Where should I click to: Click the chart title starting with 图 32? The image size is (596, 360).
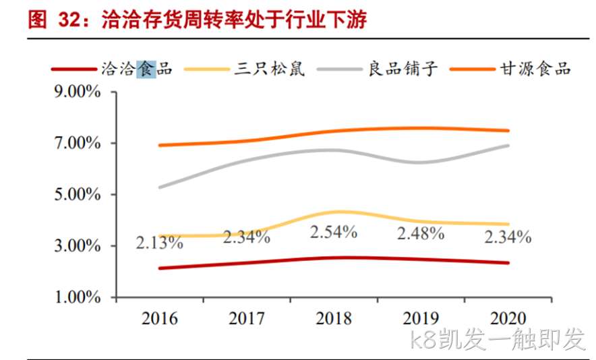pyautogui.click(x=198, y=20)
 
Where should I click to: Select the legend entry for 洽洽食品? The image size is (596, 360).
pyautogui.click(x=112, y=69)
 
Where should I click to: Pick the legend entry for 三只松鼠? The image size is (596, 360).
pyautogui.click(x=245, y=69)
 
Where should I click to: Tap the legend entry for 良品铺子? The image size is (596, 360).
pyautogui.click(x=377, y=69)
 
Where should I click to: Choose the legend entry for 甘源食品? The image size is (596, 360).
pyautogui.click(x=510, y=69)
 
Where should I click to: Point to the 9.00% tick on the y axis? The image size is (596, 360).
pyautogui.click(x=78, y=92)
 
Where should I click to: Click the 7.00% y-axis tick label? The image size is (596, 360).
pyautogui.click(x=78, y=144)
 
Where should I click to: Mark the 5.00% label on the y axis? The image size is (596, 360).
pyautogui.click(x=78, y=194)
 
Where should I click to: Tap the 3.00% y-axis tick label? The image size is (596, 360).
pyautogui.click(x=78, y=246)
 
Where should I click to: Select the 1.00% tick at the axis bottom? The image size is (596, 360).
pyautogui.click(x=78, y=297)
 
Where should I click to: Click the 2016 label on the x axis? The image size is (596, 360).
pyautogui.click(x=160, y=319)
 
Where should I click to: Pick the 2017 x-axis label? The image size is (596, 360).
pyautogui.click(x=247, y=319)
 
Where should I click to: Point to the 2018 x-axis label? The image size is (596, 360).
pyautogui.click(x=334, y=319)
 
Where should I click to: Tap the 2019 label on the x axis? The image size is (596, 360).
pyautogui.click(x=421, y=319)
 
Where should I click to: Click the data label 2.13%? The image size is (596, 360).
pyautogui.click(x=160, y=243)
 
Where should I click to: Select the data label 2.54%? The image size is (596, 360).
pyautogui.click(x=334, y=232)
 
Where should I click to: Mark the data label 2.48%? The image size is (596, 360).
pyautogui.click(x=421, y=233)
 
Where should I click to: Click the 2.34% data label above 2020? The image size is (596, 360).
pyautogui.click(x=508, y=237)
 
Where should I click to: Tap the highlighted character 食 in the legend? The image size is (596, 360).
pyautogui.click(x=146, y=69)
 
